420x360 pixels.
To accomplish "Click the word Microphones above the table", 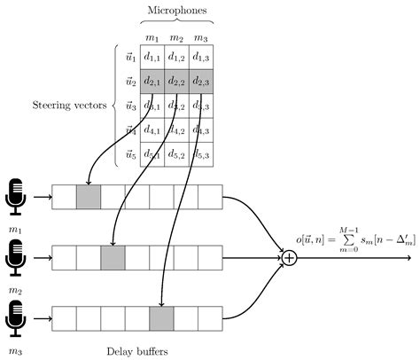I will coord(176,9).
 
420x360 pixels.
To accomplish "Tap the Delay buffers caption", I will coord(136,351).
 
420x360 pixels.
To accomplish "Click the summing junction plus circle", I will coord(289,258).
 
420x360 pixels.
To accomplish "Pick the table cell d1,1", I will coord(152,56).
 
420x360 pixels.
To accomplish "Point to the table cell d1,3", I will coord(201,56).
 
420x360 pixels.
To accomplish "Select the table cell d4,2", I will coord(176,130).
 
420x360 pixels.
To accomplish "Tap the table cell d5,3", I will coord(201,155).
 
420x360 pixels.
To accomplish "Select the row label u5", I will coord(130,155).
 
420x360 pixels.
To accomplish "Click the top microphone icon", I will coord(16,197).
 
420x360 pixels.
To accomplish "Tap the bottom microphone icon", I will coord(16,318).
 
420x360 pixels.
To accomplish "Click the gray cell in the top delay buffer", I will coord(89,197).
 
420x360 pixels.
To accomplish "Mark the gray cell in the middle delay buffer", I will coord(113,258).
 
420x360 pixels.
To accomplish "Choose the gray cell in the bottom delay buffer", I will coord(161,318).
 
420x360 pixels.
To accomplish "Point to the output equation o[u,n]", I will coord(354,239).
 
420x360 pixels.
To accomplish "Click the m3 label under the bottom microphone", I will coord(15,351).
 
